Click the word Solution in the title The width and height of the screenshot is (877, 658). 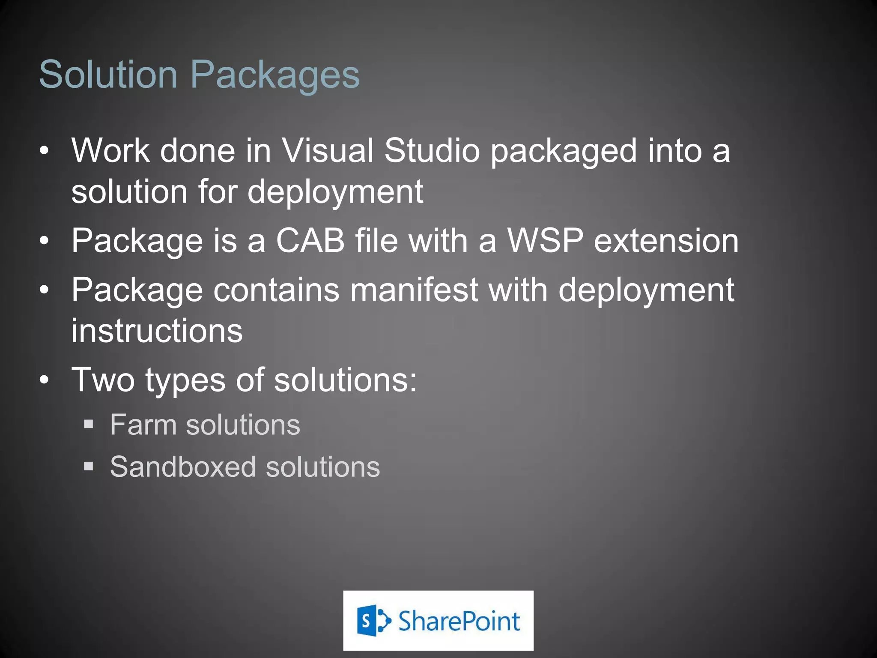coord(108,75)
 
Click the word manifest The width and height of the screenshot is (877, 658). coord(414,290)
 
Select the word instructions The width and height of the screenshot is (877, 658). coord(157,331)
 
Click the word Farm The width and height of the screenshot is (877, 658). coord(143,425)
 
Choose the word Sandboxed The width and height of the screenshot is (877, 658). coord(183,467)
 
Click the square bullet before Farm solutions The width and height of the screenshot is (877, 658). coord(89,425)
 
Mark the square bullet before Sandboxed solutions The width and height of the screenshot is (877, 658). coord(89,466)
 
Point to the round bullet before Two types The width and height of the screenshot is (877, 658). coord(44,380)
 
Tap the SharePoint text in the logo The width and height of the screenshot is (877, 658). coord(459,621)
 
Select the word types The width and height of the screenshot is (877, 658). coord(185,380)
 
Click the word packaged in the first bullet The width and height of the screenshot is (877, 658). coord(564,151)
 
